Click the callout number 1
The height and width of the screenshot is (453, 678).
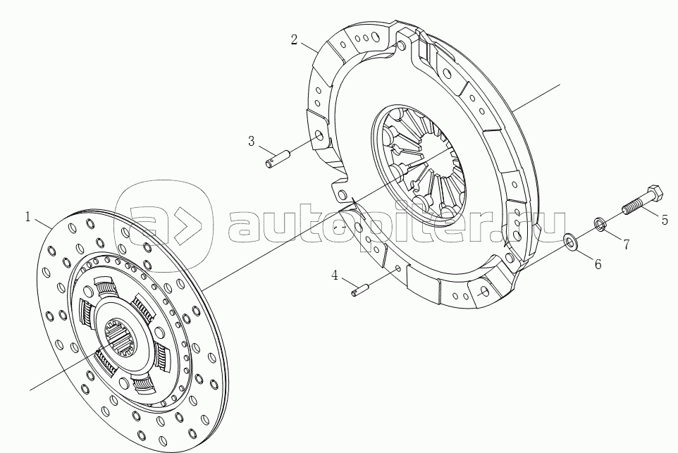point(27,217)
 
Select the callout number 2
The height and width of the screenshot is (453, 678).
point(294,39)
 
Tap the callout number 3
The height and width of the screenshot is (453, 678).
point(251,141)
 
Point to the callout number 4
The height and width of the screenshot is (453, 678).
point(335,275)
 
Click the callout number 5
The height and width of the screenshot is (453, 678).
point(665,220)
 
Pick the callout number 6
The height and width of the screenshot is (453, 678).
point(598,263)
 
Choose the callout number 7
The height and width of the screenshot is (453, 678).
point(626,244)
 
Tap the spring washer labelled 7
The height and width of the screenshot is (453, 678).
point(599,225)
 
